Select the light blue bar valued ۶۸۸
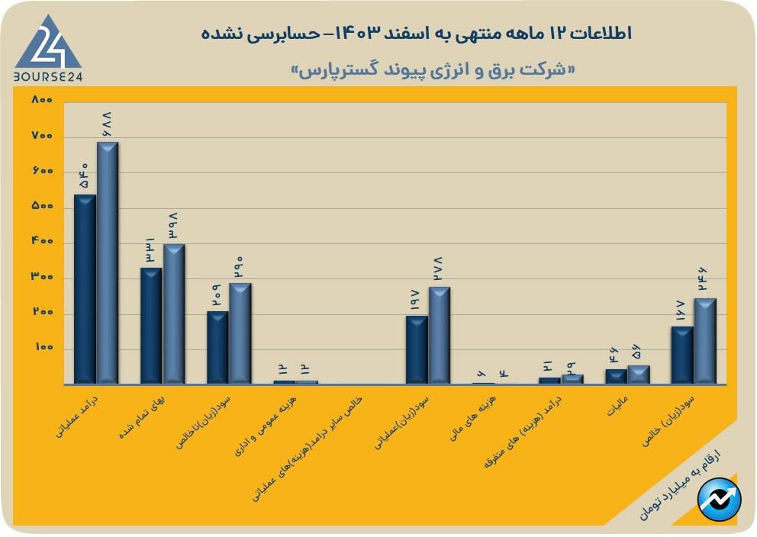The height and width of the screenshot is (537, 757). click(107, 262)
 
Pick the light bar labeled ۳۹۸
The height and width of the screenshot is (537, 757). click(173, 314)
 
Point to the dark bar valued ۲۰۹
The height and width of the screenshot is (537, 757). click(217, 347)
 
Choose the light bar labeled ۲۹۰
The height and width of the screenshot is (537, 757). click(240, 333)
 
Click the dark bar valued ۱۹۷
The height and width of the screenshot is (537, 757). click(417, 349)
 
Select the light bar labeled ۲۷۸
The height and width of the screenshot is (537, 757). click(439, 335)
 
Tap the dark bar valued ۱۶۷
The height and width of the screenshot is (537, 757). click(682, 355)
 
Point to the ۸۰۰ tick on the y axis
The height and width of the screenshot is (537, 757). click(42, 100)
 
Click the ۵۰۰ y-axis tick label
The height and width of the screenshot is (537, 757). click(42, 206)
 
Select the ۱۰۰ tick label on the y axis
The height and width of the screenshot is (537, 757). click(42, 348)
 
